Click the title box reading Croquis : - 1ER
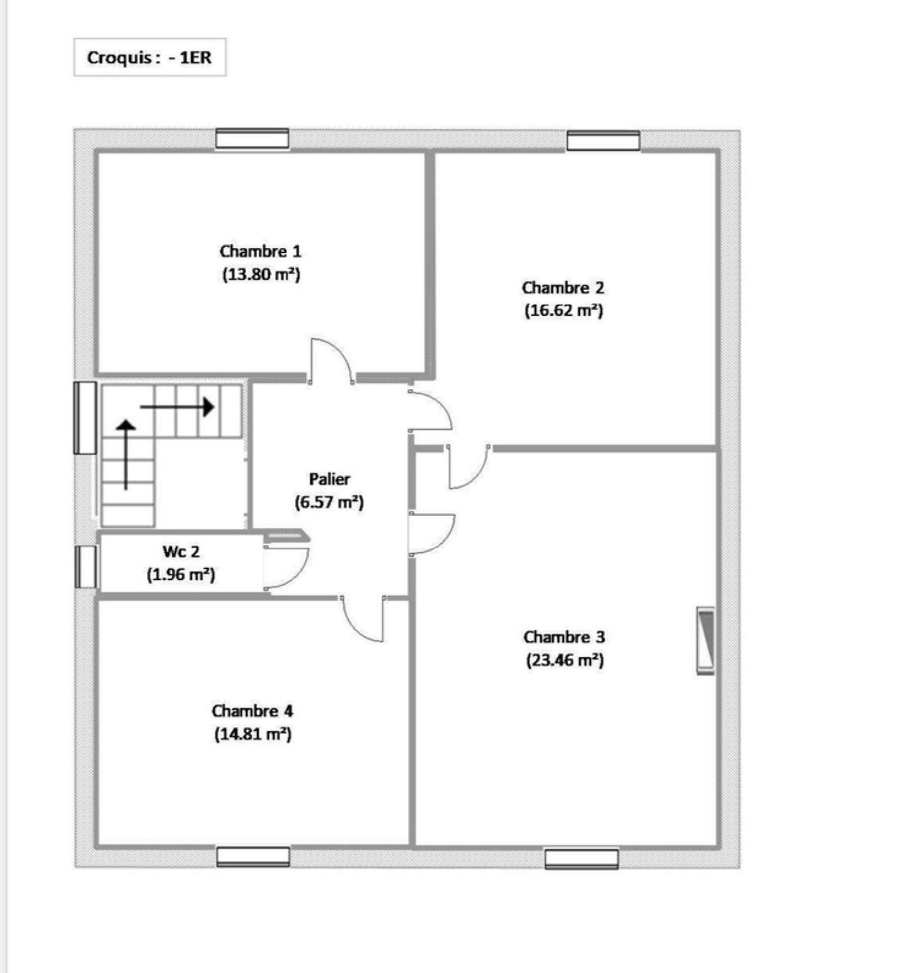150,57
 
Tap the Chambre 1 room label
260,251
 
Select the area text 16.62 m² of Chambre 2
564,310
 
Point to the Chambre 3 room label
564,637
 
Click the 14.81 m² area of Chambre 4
252,733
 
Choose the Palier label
330,479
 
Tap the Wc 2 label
181,551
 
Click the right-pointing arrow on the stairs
177,406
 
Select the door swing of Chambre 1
331,361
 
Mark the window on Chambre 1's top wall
252,139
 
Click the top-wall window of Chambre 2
603,141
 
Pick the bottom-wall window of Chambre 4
253,856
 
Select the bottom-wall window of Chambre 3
581,858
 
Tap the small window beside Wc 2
86,567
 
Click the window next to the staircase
85,418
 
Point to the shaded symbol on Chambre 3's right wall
705,641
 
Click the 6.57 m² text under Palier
329,502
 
